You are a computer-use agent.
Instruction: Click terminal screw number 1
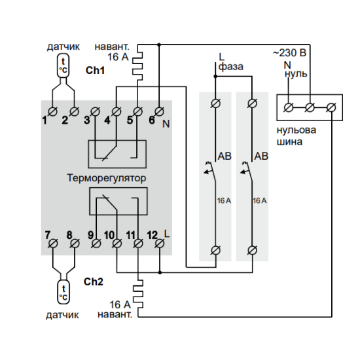(x=52, y=111)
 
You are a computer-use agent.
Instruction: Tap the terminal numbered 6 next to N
(x=159, y=111)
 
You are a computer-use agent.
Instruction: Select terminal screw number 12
(x=160, y=243)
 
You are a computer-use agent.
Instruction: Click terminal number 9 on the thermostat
(x=96, y=243)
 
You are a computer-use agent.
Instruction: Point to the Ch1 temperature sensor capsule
(x=63, y=65)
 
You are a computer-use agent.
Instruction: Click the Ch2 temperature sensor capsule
(x=63, y=291)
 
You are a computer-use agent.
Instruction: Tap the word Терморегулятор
(x=106, y=178)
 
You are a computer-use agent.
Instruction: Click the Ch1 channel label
(x=95, y=70)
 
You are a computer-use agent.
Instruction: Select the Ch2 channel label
(x=94, y=281)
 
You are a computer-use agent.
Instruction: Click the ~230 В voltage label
(x=290, y=53)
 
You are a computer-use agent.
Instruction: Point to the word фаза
(x=231, y=67)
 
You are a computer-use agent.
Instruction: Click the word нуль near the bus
(x=296, y=74)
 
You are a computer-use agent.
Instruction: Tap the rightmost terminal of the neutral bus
(x=332, y=107)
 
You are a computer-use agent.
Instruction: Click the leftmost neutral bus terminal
(x=289, y=107)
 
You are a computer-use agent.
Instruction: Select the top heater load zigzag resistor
(x=137, y=62)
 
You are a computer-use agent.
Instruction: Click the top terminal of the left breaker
(x=215, y=103)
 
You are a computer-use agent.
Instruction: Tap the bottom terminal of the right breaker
(x=252, y=250)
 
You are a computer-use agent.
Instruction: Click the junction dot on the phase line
(x=215, y=76)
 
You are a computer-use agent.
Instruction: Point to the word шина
(x=289, y=142)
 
